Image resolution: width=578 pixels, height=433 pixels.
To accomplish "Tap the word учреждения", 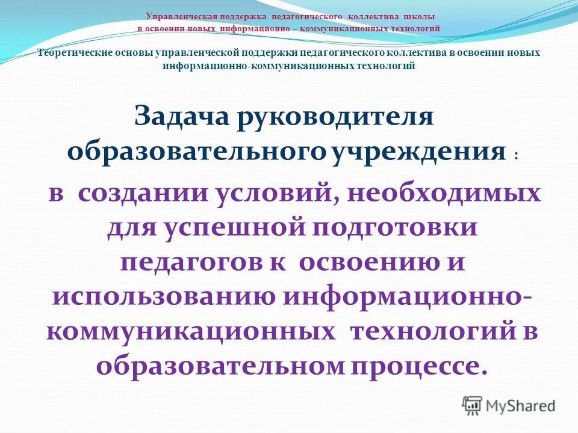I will pos(418,150).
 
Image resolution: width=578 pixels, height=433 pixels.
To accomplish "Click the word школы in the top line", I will pos(418,17).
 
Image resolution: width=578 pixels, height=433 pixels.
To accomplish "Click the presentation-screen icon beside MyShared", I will pos(473,405).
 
